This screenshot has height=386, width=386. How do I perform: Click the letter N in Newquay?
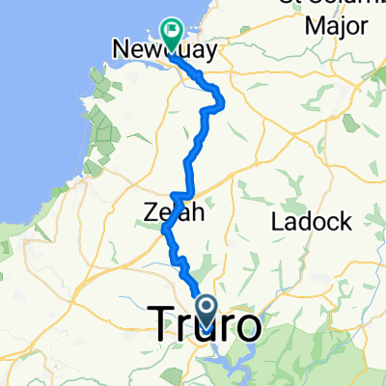tap(121, 49)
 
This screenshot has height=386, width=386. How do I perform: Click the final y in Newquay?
tap(207, 52)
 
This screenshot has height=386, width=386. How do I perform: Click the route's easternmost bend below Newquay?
tap(223, 99)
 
